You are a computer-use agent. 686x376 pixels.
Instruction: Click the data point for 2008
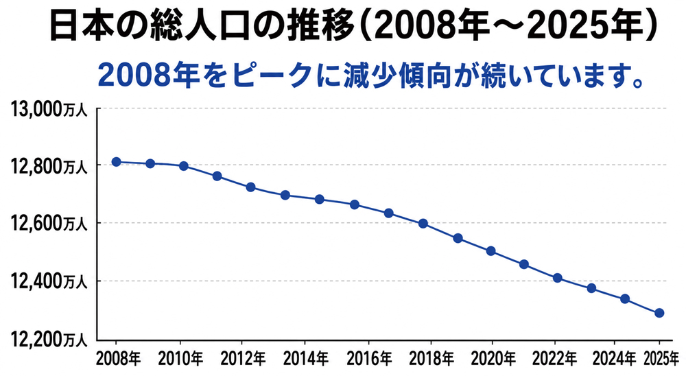(116, 162)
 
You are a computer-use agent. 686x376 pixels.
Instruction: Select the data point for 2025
(659, 313)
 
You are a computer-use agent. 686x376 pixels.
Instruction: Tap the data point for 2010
(184, 166)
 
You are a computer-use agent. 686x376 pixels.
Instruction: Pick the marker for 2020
(491, 251)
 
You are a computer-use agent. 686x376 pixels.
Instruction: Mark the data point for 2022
(557, 278)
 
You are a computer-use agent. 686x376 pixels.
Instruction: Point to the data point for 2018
(423, 224)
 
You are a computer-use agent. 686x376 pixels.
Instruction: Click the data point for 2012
(250, 187)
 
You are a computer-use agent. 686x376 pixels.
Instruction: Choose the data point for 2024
(625, 299)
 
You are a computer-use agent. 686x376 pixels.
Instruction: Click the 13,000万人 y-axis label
(49, 109)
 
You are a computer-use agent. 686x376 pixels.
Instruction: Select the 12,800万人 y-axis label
(49, 166)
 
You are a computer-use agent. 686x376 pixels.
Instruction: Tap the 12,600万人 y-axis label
(49, 224)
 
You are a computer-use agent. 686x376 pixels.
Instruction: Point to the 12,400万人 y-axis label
(49, 281)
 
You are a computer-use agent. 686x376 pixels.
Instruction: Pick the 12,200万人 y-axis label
(49, 339)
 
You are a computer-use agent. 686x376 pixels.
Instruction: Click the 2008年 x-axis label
(118, 359)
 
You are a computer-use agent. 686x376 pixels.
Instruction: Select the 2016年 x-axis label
(369, 359)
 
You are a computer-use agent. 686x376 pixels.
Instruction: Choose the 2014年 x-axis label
(306, 359)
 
